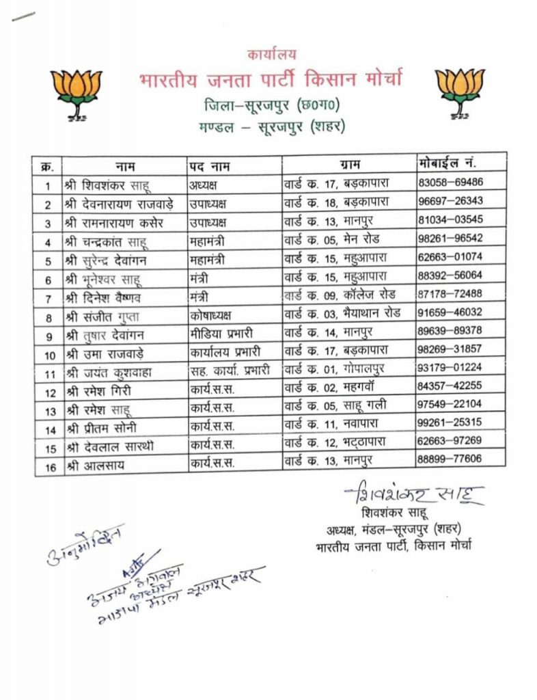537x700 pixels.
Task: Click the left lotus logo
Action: click(76, 92)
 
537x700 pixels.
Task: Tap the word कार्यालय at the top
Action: click(270, 54)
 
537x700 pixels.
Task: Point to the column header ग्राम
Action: click(349, 165)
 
